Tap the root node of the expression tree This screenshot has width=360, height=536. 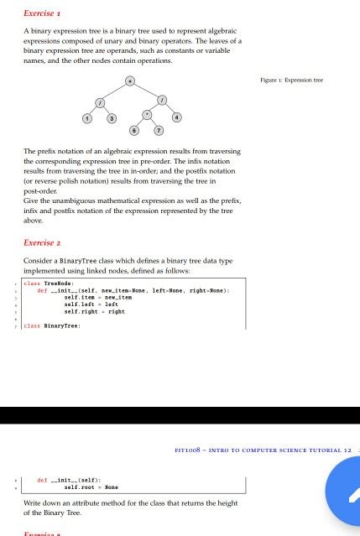[130, 81]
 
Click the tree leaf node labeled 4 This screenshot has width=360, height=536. [176, 117]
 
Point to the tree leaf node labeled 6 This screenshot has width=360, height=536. [135, 131]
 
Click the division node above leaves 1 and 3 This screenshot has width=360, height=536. [100, 101]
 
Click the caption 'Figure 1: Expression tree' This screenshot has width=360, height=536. [292, 81]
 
